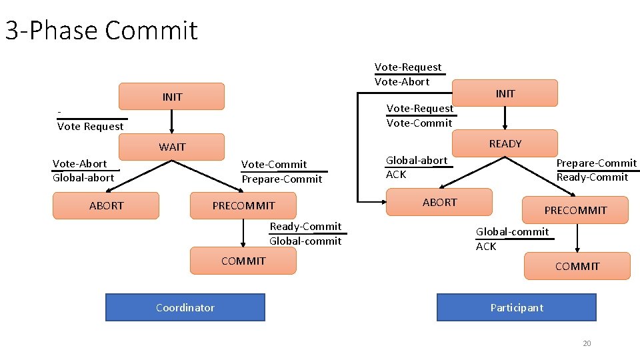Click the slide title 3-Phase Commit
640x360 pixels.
pos(101,31)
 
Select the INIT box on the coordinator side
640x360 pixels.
pos(171,97)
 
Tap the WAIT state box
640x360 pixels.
pos(171,147)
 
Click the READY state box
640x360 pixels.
pos(505,143)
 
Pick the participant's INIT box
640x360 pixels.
pos(505,93)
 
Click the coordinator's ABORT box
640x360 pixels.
pos(106,205)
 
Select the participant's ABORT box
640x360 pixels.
pos(439,202)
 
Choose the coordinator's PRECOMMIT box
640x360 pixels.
pos(243,205)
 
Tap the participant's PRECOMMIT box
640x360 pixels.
pos(575,210)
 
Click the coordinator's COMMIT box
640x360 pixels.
pos(243,261)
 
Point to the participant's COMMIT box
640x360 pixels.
pos(577,266)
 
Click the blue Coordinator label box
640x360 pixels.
pos(185,307)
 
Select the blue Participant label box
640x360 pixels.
pos(517,307)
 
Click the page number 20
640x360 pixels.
pos(587,343)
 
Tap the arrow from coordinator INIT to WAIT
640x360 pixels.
pos(172,121)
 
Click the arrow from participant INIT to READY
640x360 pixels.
pos(505,118)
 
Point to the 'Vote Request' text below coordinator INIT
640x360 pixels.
pos(91,126)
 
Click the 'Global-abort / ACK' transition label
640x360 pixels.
pos(417,167)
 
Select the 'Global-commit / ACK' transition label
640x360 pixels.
pos(512,239)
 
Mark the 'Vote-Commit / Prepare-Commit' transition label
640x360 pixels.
pos(282,171)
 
